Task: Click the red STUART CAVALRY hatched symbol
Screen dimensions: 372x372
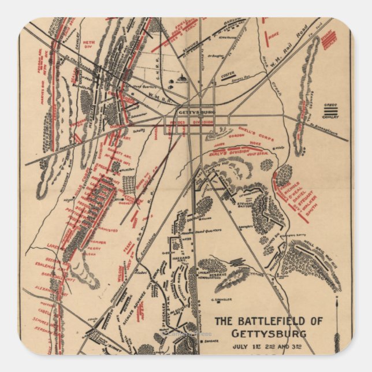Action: coord(329,39)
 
